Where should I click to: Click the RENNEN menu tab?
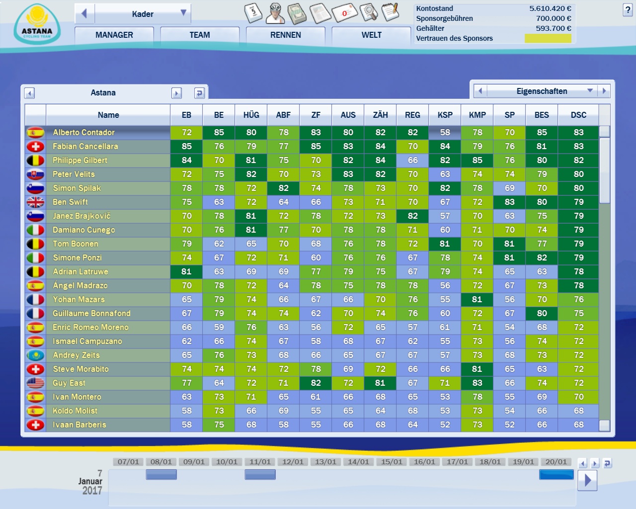pos(286,35)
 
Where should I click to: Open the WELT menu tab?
pos(371,35)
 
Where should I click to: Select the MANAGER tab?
pos(114,35)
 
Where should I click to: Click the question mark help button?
pos(628,10)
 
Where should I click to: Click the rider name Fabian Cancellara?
pos(85,147)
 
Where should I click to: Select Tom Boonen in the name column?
pos(76,244)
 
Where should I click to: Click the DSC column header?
pos(578,115)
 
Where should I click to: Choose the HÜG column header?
pos(251,115)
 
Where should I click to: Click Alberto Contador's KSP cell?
pos(445,133)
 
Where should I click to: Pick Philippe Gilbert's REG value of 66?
pos(412,161)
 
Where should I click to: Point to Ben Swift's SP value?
pos(509,202)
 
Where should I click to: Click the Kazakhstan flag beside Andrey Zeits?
pos(35,355)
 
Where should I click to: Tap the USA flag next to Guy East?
pos(35,383)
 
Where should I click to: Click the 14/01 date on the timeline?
pos(358,462)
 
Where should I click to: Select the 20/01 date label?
pos(556,462)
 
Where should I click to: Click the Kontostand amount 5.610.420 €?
pos(550,8)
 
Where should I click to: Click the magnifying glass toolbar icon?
pos(368,12)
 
